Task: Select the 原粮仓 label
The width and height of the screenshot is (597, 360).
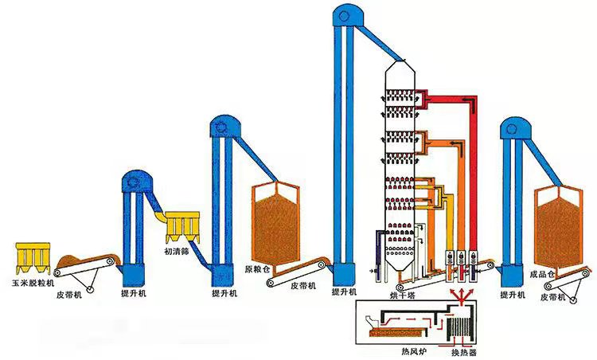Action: point(258,269)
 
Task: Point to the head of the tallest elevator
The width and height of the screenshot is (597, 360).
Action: point(345,14)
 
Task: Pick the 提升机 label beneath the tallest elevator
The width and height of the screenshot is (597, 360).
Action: point(344,293)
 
